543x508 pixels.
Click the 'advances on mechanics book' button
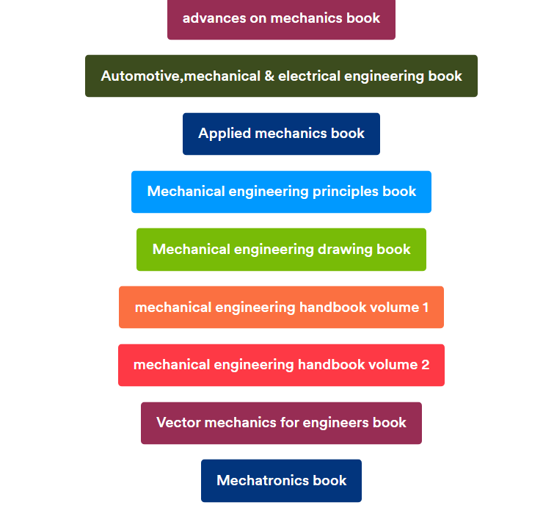pyautogui.click(x=281, y=19)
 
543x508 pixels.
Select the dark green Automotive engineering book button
pyautogui.click(x=281, y=76)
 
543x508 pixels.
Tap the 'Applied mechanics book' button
pyautogui.click(x=281, y=134)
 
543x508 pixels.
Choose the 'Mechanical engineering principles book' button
pyautogui.click(x=281, y=192)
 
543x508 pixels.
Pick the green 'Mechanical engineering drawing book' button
pyautogui.click(x=281, y=250)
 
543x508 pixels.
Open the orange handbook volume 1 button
pyautogui.click(x=281, y=307)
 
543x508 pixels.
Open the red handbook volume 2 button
pyautogui.click(x=281, y=365)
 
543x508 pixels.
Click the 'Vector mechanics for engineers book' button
pyautogui.click(x=281, y=423)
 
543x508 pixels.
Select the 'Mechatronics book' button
pyautogui.click(x=281, y=481)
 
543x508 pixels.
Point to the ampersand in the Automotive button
pyautogui.click(x=269, y=76)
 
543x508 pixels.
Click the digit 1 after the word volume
pyautogui.click(x=426, y=308)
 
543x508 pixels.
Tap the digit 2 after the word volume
pyautogui.click(x=426, y=365)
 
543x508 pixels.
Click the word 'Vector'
pyautogui.click(x=178, y=423)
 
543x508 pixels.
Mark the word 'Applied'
pyautogui.click(x=225, y=134)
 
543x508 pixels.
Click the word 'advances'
pyautogui.click(x=214, y=18)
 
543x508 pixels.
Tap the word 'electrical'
pyautogui.click(x=309, y=76)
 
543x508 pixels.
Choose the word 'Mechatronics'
pyautogui.click(x=263, y=481)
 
